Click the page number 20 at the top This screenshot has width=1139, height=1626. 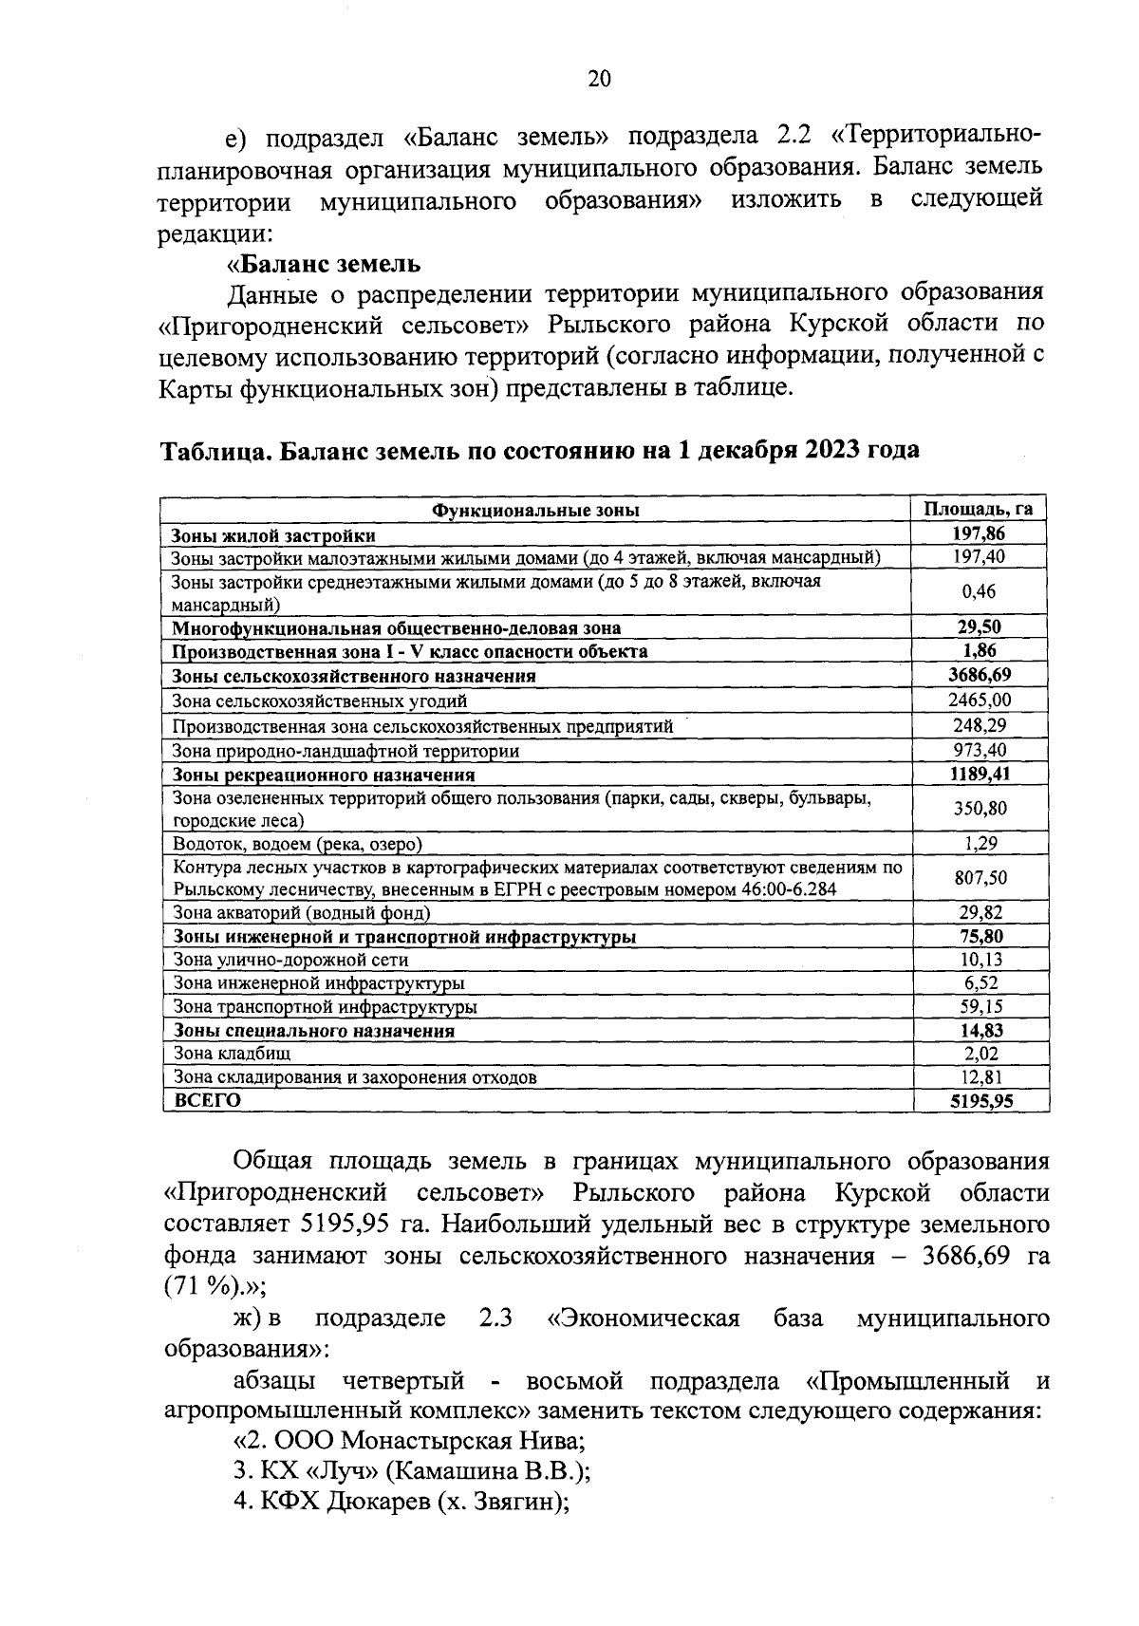[x=599, y=80]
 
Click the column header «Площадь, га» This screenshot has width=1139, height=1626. [x=978, y=509]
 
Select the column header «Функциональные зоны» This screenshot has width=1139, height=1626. [x=535, y=510]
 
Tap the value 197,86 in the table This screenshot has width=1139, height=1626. [x=978, y=534]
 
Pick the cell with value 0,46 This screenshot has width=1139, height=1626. [x=978, y=591]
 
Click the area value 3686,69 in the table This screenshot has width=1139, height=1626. [x=978, y=676]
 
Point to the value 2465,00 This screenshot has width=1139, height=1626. [x=978, y=701]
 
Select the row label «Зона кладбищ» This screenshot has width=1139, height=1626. [x=232, y=1054]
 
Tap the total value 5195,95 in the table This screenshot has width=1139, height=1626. [x=978, y=1101]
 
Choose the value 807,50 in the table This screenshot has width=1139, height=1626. [x=978, y=878]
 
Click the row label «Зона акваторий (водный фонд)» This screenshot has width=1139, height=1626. [x=302, y=913]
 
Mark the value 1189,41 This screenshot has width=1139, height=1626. [x=978, y=774]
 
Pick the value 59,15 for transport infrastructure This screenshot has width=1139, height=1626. [x=978, y=1006]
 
